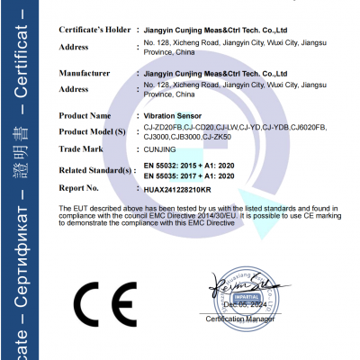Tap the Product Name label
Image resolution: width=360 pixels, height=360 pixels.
[85, 116]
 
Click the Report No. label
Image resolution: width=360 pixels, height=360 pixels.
[78, 189]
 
